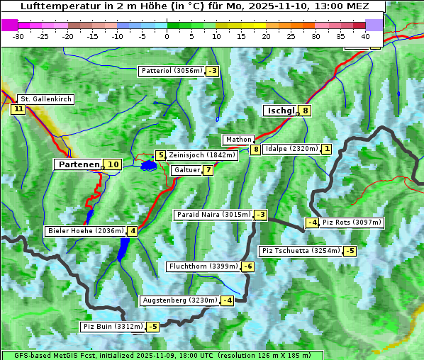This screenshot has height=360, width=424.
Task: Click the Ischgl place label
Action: pos(281,111)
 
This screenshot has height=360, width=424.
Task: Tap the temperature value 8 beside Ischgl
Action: pos(305,111)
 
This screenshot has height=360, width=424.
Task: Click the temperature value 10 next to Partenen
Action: pos(113,164)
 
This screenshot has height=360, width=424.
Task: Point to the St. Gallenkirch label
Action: pos(46,99)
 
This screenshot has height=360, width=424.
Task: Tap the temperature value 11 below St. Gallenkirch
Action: pos(18,109)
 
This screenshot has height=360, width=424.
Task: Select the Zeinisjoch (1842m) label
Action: pos(201,155)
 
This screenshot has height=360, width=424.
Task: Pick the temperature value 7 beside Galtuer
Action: pos(208,170)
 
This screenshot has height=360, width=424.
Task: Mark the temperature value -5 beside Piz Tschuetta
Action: pos(350,251)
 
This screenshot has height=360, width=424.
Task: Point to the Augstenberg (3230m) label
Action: pos(180,300)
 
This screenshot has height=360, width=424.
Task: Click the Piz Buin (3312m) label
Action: pos(113,327)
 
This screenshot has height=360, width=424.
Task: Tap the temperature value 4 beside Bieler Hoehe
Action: pos(133,231)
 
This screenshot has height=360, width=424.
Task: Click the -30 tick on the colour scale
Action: pos(19,35)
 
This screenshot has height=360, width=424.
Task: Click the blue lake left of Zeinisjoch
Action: pos(148,166)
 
